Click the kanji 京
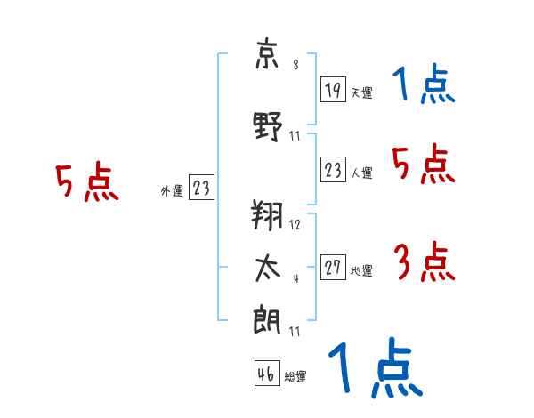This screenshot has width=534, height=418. point(267,54)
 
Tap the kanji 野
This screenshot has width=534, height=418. point(268,126)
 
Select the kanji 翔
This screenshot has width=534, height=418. point(267,215)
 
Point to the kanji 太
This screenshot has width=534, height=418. point(268,269)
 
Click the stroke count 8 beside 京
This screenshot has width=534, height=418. point(295,64)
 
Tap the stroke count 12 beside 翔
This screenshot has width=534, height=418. point(295,225)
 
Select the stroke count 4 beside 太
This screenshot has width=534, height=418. point(296,278)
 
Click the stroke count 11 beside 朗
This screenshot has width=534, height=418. point(295,331)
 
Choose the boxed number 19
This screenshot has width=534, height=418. point(333,90)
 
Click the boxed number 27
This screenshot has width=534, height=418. point(333,267)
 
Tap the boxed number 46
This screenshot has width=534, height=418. point(267,373)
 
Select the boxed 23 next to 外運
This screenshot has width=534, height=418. point(201,187)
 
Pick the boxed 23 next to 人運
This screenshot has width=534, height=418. point(333,169)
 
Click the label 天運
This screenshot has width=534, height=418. point(361,92)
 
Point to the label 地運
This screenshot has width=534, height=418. point(361,270)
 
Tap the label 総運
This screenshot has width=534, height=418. point(295,376)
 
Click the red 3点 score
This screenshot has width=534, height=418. point(424,261)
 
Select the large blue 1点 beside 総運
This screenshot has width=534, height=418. point(376,367)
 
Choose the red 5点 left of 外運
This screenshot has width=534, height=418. point(87,181)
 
